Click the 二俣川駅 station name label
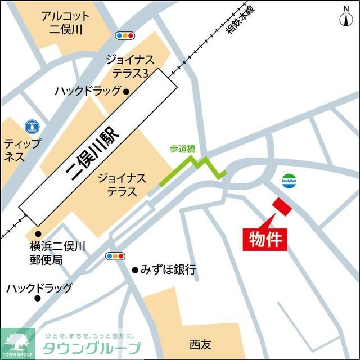coord(98,145)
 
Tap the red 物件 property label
coord(265,238)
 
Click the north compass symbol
coord(346,17)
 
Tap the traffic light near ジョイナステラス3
coord(125,35)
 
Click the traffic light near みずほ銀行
coord(115,256)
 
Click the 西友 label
coord(201,343)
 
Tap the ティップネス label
coord(22,150)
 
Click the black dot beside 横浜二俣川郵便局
coord(38,234)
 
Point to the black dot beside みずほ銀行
coord(135,271)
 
